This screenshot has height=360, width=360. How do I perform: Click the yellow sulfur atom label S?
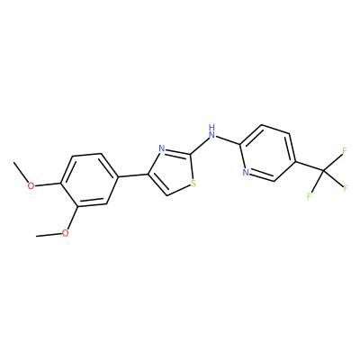pos(193,184)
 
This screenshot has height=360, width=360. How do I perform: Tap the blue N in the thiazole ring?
pos(162,148)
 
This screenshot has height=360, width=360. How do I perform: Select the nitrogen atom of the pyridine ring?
pos(246,172)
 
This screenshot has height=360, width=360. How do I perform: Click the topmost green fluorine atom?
pos(345,150)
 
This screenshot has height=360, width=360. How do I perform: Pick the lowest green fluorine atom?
pos(310,196)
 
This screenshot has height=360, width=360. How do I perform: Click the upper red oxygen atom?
pos(31,186)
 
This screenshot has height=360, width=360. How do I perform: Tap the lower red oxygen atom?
pos(65,232)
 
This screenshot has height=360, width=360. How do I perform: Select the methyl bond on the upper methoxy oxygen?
pos(21,173)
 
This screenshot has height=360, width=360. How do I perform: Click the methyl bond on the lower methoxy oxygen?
pos(49,235)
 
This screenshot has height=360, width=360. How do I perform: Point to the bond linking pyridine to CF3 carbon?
pos(310,166)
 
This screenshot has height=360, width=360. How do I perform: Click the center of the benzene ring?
pos(89,180)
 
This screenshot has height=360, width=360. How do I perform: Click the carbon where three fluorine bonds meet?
pos(324,172)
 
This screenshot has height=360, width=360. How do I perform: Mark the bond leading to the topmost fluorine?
pos(333,163)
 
